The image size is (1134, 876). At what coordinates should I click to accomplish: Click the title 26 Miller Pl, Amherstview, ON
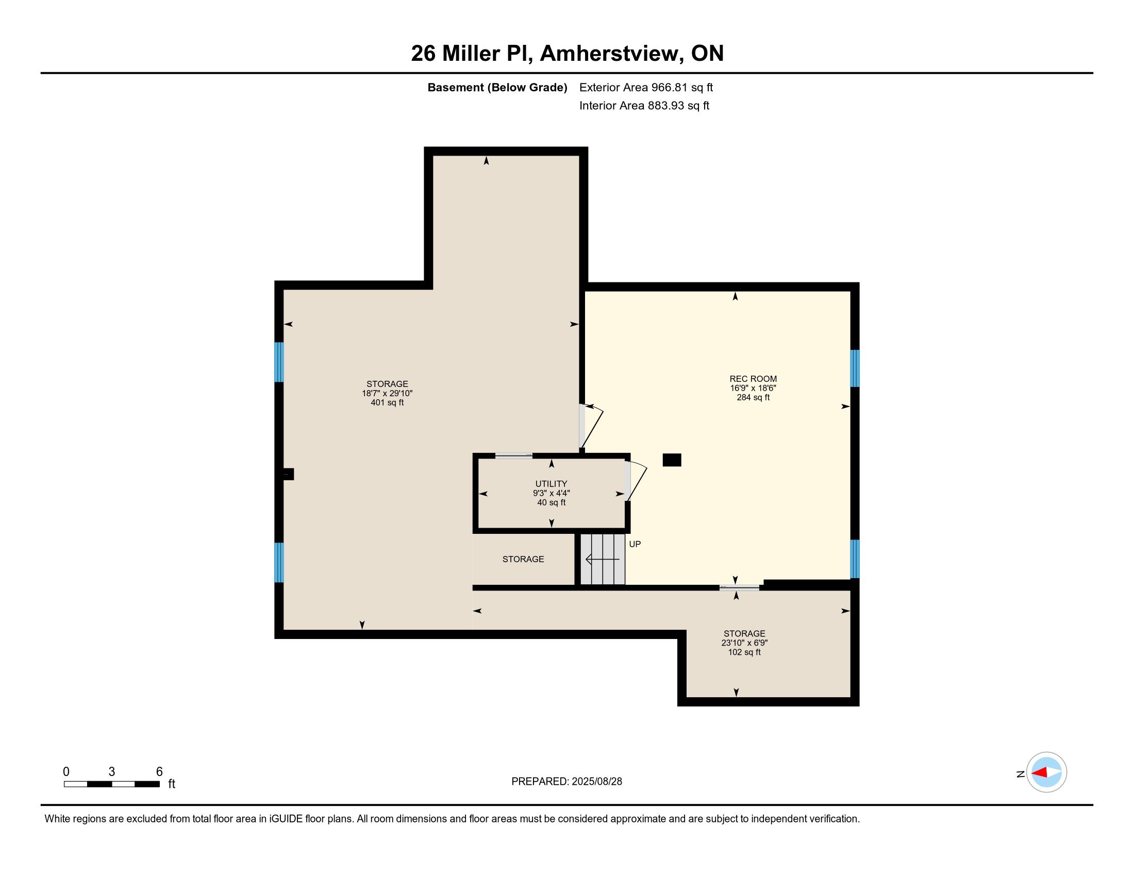[x=567, y=53]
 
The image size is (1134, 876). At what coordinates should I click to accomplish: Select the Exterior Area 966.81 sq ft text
[x=646, y=87]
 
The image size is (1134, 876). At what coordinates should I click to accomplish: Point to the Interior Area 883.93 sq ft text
[x=644, y=105]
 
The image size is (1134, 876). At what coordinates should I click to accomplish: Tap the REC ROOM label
[x=753, y=379]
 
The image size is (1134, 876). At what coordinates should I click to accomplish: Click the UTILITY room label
[x=552, y=484]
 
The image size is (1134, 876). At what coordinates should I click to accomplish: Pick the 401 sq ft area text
[x=387, y=403]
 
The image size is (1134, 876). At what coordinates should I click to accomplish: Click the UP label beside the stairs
[x=635, y=544]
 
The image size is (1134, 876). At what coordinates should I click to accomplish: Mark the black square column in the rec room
[x=672, y=460]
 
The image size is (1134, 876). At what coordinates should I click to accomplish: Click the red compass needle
[x=1039, y=773]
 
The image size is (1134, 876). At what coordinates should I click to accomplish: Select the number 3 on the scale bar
[x=112, y=772]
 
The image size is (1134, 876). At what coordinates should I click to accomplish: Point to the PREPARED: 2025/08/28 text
[x=566, y=782]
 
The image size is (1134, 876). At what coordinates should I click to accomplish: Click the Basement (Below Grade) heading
[x=497, y=87]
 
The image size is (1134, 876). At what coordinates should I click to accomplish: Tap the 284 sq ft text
[x=753, y=397]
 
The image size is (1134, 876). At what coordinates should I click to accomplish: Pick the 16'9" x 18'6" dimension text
[x=753, y=388]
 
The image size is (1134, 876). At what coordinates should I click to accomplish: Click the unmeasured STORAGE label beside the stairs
[x=523, y=559]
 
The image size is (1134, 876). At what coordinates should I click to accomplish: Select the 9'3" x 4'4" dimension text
[x=552, y=493]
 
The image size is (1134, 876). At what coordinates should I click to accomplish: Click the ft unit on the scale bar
[x=172, y=784]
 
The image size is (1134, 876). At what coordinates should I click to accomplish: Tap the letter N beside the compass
[x=1020, y=774]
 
